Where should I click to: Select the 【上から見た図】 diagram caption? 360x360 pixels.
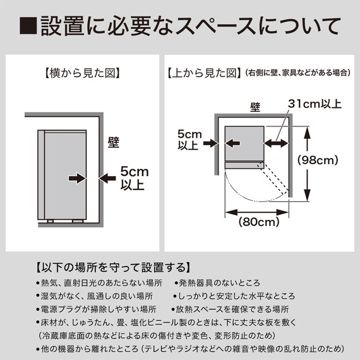pyautogui.click(x=203, y=73)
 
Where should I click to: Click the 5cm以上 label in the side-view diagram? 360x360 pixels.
pyautogui.click(x=132, y=177)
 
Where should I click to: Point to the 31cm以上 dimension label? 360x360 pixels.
pyautogui.click(x=314, y=103)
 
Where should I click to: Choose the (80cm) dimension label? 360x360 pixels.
pyautogui.click(x=259, y=222)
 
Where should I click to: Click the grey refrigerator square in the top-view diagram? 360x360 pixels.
pyautogui.click(x=244, y=143)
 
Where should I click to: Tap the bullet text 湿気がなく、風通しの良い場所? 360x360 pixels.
pyautogui.click(x=97, y=296)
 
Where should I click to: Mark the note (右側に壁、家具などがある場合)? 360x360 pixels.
pyautogui.click(x=297, y=73)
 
